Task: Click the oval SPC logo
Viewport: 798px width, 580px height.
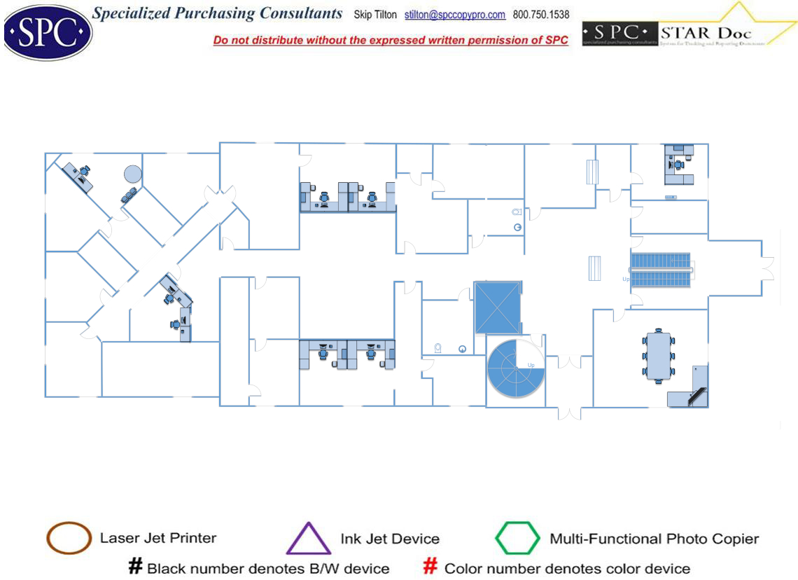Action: click(x=47, y=32)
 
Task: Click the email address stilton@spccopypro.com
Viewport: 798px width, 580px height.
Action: click(x=455, y=15)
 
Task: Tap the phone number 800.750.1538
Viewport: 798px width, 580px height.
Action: click(x=541, y=15)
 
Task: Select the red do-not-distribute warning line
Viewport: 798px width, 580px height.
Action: click(x=391, y=40)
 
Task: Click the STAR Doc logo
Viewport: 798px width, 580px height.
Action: click(x=689, y=31)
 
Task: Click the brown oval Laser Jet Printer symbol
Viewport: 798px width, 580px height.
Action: click(x=69, y=538)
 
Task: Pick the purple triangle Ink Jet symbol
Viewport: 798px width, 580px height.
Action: click(x=308, y=539)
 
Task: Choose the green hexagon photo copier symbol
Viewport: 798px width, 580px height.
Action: click(x=517, y=539)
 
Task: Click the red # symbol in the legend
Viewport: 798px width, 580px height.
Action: click(x=431, y=566)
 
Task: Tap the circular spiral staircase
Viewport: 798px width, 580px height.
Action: click(x=516, y=368)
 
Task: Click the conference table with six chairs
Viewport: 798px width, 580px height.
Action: click(x=658, y=357)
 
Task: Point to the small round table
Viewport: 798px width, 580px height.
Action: click(x=132, y=173)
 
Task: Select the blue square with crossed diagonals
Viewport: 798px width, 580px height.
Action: click(x=498, y=307)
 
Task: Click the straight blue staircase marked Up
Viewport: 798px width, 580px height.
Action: click(x=660, y=269)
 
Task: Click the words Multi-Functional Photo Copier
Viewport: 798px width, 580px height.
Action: click(x=654, y=539)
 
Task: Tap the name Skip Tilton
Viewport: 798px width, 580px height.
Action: click(x=375, y=15)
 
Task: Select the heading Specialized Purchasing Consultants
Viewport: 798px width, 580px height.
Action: click(x=218, y=13)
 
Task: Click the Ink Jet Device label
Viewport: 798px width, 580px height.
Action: click(x=390, y=539)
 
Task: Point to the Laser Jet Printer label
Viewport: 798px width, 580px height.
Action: click(x=158, y=538)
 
